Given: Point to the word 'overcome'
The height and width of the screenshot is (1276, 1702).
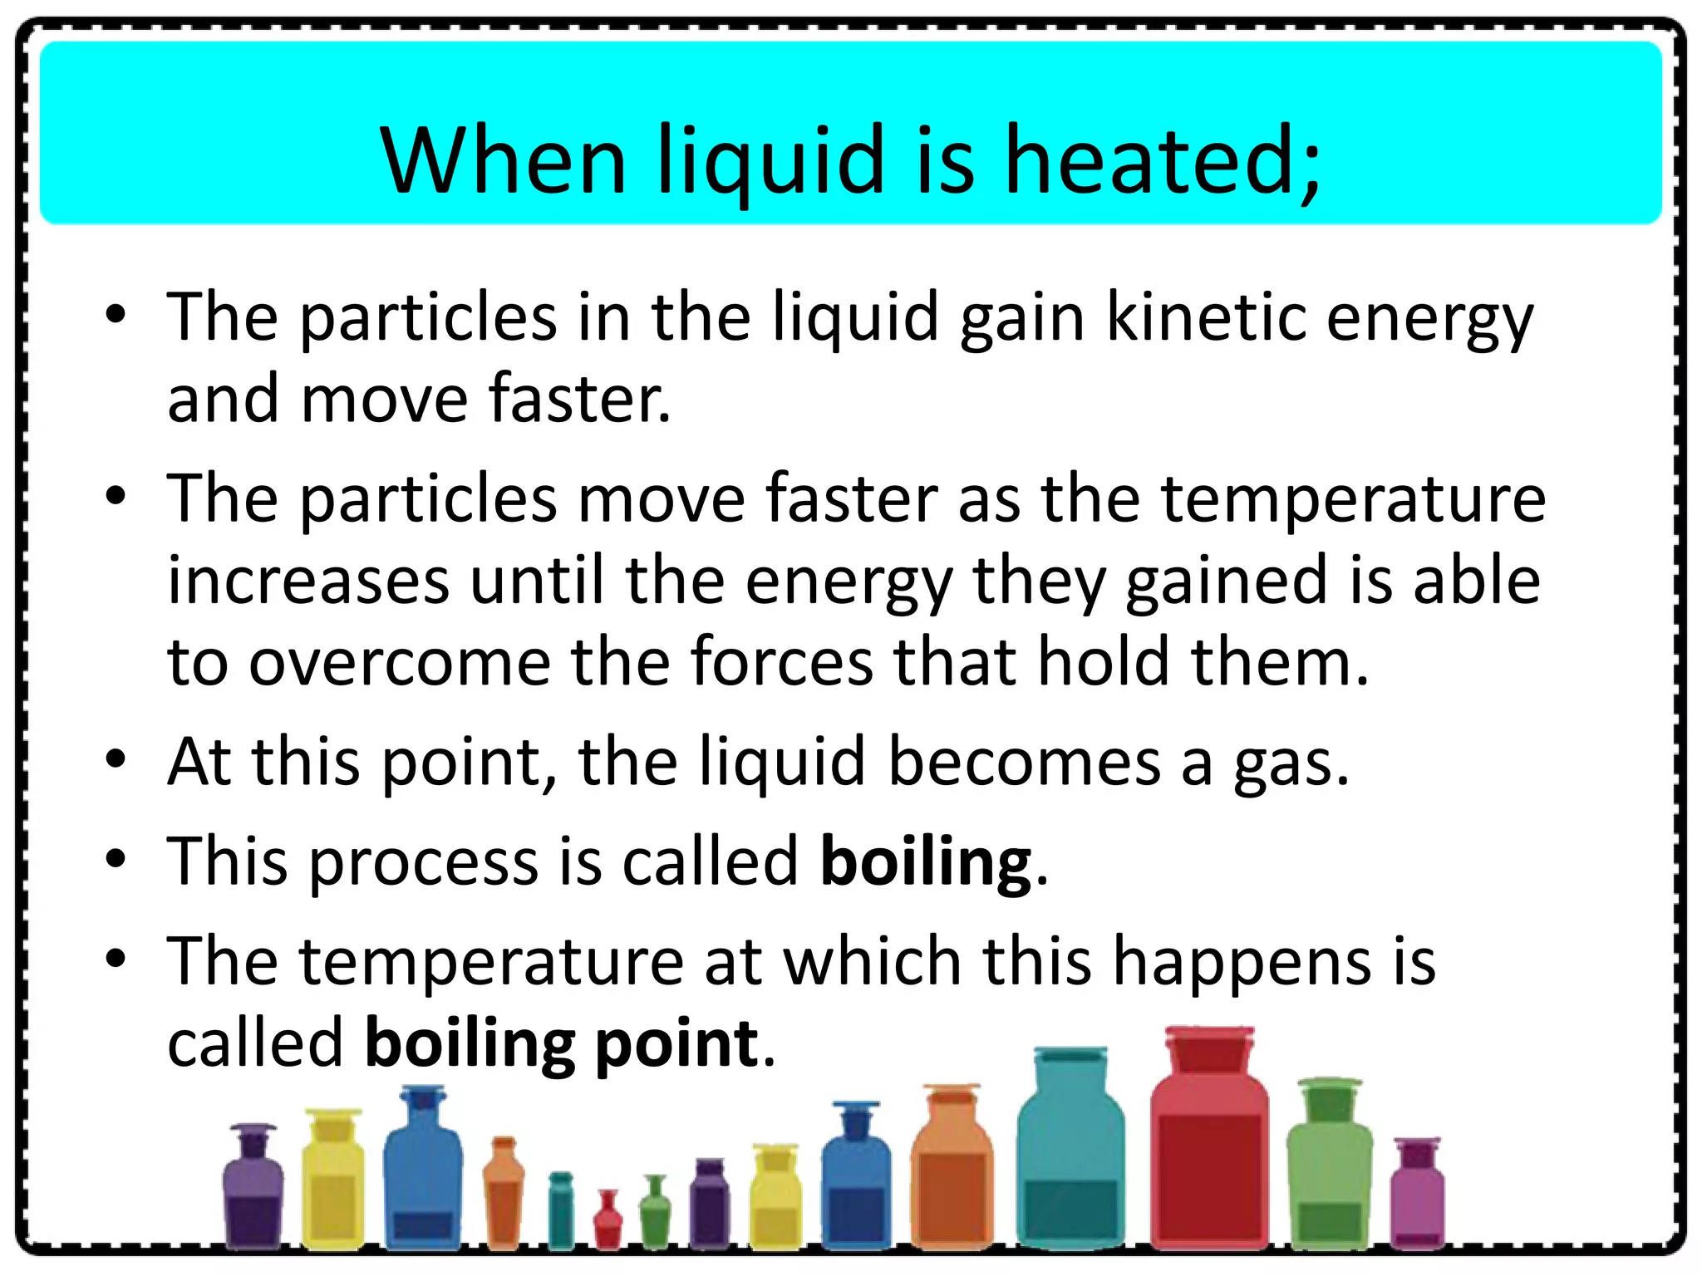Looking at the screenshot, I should pos(400,662).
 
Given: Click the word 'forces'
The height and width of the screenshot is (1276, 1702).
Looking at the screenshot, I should pos(781,662).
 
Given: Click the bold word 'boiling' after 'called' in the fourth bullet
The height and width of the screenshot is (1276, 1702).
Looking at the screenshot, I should pos(926,862).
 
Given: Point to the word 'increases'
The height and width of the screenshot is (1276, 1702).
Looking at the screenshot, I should pos(308,581).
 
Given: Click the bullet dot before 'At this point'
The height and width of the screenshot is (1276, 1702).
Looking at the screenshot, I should pos(116,759).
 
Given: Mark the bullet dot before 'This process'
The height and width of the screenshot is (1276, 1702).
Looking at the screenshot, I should pos(116,859).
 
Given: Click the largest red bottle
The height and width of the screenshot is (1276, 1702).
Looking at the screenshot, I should pos(1209,1163).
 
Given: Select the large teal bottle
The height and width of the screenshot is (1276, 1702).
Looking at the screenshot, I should pos(1070,1163).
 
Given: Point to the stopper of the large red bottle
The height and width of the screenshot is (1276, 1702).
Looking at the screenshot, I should pos(1209,1048).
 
